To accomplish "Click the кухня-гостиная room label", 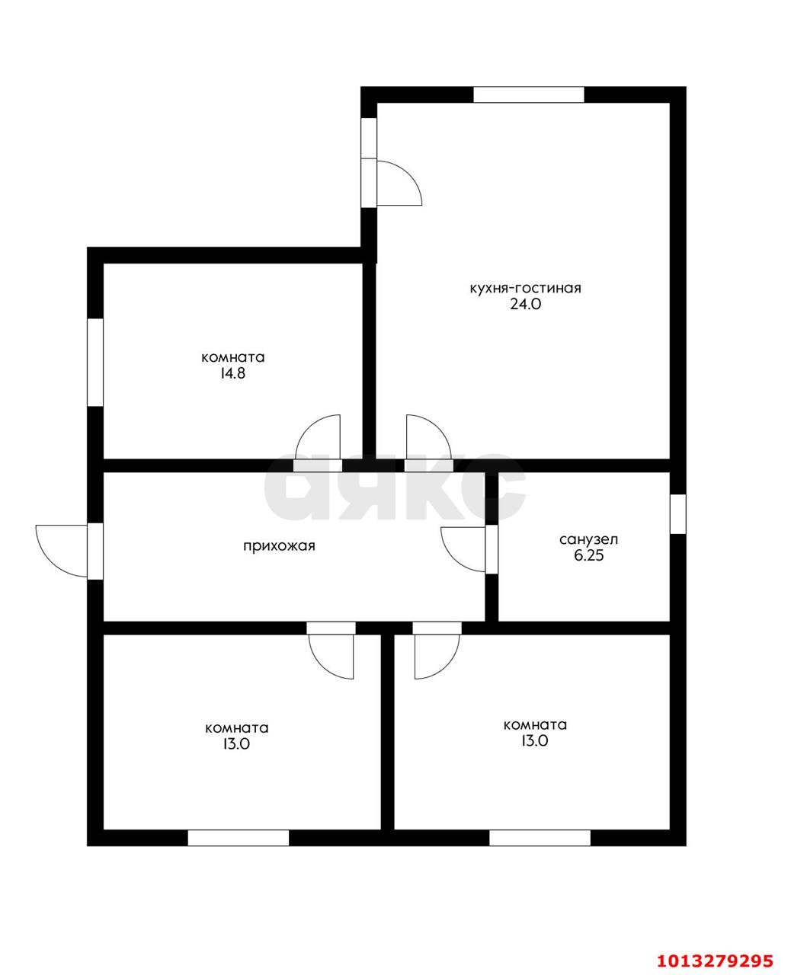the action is pos(525,289).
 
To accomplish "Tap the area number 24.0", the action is pos(525,305).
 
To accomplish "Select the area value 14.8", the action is pos(232,373).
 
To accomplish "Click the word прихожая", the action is pos(279,546).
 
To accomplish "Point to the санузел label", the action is pos(588,539).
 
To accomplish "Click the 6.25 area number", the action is pos(589,555).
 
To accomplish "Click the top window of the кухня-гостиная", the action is pos(529,94).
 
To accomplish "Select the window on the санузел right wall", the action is pos(678,513).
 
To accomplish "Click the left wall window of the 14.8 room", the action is pos(94,362).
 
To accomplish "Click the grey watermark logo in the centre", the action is pos(395,487).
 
